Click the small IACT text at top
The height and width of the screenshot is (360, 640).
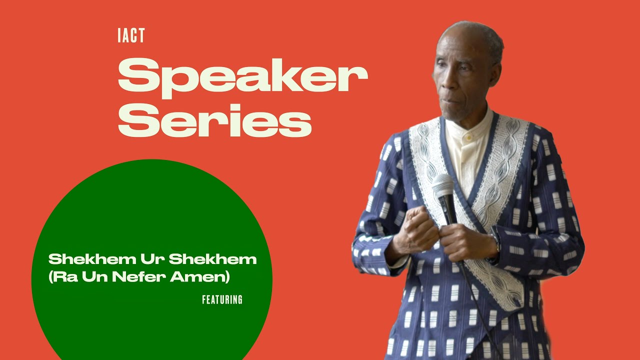pyautogui.click(x=131, y=36)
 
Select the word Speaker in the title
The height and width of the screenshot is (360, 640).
pyautogui.click(x=242, y=75)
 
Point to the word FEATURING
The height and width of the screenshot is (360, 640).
pyautogui.click(x=222, y=300)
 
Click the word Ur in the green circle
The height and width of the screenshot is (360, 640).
pyautogui.click(x=150, y=259)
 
